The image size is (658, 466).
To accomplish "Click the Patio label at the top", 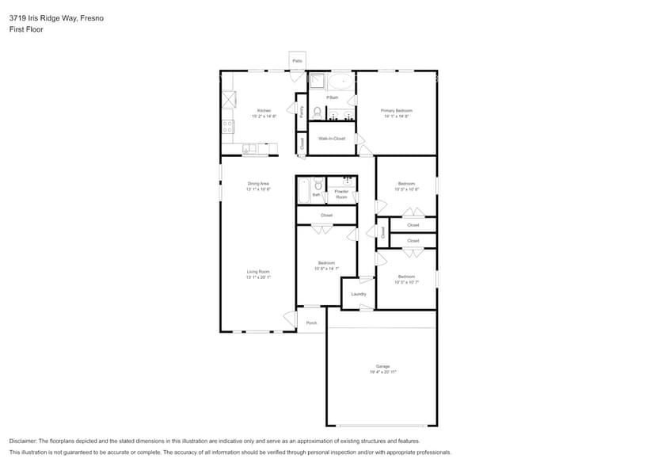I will coord(297,60).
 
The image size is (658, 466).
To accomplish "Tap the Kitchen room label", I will coord(264,110).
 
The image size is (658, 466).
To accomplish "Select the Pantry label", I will coord(302,112).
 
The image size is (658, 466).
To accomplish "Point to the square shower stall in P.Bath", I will coord(317,80).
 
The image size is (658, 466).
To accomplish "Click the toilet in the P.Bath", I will coord(317,112).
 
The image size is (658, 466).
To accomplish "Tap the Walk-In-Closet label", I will coord(332,139).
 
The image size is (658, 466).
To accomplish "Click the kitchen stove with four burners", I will coord(228,125).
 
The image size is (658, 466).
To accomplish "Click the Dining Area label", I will coord(258,184).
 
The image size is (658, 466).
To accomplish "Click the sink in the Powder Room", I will coord(347,181).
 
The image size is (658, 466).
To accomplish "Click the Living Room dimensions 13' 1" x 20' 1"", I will coord(258,277).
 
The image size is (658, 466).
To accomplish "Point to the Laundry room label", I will coord(359,294).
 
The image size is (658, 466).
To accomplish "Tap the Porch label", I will coord(311,323).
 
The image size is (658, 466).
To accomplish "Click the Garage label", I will coord(382,366).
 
